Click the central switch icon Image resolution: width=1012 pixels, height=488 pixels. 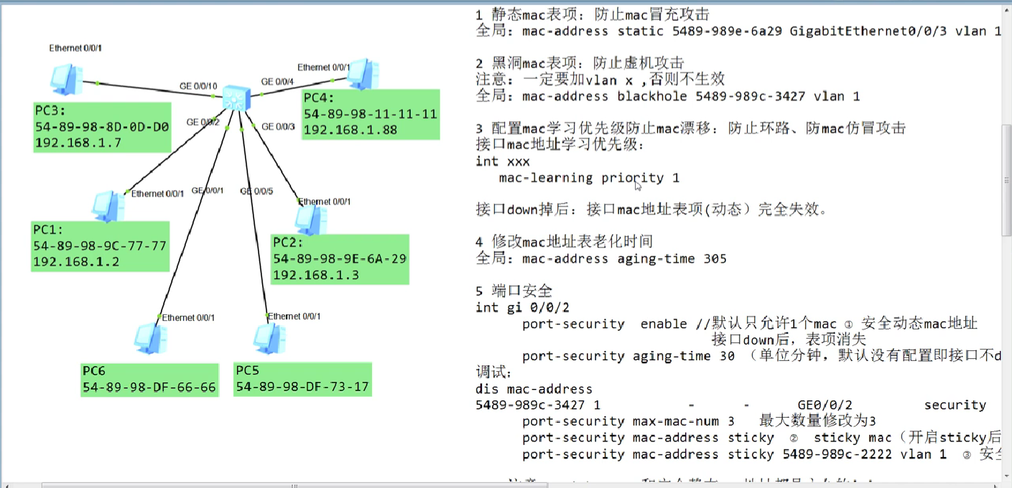click(235, 97)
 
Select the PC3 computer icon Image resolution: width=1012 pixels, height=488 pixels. click(65, 79)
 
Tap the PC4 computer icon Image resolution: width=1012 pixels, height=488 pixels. click(363, 74)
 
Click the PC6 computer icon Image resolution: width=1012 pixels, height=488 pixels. click(150, 339)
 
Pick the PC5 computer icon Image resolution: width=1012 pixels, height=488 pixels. click(269, 339)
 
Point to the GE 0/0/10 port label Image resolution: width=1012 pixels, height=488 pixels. click(198, 87)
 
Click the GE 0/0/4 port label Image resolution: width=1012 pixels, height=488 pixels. click(277, 82)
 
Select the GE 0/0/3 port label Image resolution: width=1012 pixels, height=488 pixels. click(279, 127)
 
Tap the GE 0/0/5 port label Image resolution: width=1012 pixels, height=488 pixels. click(256, 192)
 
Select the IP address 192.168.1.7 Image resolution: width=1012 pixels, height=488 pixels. click(78, 142)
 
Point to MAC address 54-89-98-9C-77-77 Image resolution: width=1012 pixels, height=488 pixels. click(100, 245)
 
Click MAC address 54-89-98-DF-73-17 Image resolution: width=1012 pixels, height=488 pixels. click(302, 387)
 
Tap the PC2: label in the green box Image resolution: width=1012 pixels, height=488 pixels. click(288, 243)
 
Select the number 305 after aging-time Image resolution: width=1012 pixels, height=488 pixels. click(715, 258)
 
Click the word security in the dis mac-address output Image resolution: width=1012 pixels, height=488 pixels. click(955, 405)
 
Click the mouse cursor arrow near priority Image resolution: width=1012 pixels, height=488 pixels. click(637, 186)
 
